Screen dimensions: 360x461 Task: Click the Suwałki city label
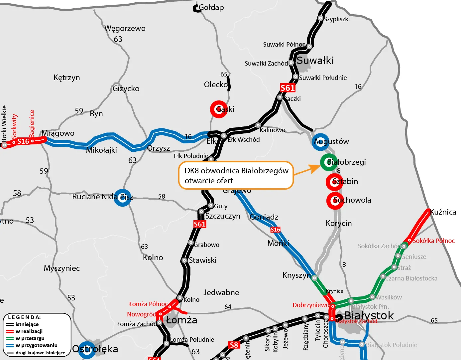[x=315, y=61]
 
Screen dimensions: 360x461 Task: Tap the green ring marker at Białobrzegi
[x=329, y=162]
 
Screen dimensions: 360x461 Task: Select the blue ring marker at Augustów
[x=320, y=142]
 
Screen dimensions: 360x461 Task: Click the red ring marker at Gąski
[x=219, y=109]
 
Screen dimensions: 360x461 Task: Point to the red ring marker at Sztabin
[x=334, y=182]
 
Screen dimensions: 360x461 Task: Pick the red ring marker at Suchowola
[x=335, y=201]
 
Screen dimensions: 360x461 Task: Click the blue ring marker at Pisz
[x=123, y=197]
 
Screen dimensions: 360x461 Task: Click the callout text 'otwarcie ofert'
[x=209, y=181]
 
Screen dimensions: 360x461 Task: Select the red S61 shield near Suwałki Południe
[x=288, y=88]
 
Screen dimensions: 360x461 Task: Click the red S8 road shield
[x=234, y=345]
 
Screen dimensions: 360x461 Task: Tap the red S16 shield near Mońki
[x=275, y=230]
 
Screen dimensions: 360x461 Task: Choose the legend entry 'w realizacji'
[x=29, y=331]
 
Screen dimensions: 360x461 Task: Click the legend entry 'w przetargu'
[x=30, y=338]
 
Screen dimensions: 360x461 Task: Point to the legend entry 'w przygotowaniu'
[x=36, y=345]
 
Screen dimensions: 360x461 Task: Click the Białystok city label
[x=369, y=315]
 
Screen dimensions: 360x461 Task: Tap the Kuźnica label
[x=443, y=212]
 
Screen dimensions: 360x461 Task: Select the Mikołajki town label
[x=101, y=150]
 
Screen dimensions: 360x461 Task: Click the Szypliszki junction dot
[x=320, y=18]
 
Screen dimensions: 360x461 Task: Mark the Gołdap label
[x=211, y=7]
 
